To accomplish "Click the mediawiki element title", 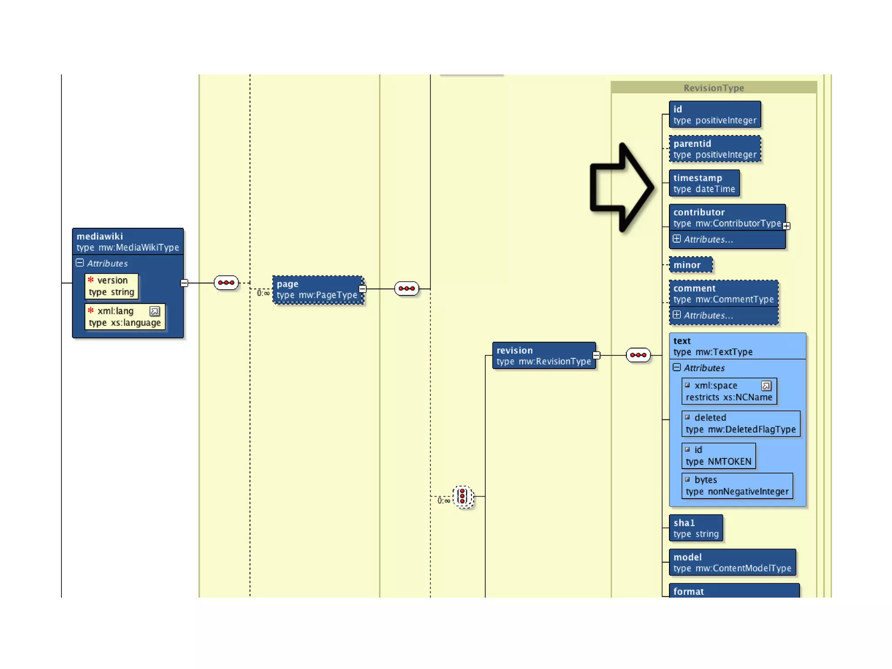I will tap(100, 237).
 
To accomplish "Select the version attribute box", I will tap(111, 286).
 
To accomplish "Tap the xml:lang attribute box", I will tap(125, 317).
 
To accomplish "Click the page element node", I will tap(318, 290).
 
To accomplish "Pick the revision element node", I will tap(544, 356).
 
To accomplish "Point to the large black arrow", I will tap(621, 188).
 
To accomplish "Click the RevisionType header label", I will tap(713, 88).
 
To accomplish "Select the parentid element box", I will tap(715, 149).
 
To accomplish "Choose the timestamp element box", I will tap(704, 183).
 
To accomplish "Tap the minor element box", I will tap(690, 265).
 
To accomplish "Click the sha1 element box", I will tap(696, 528).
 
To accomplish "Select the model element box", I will tap(732, 563).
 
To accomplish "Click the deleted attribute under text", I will tap(740, 423).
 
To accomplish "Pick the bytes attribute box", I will tap(737, 486).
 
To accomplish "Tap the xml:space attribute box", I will tap(729, 391).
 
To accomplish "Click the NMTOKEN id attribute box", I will tap(718, 456).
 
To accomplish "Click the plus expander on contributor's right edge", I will tap(786, 226).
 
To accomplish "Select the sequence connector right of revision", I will tap(638, 355).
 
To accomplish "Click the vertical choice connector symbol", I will tap(463, 497).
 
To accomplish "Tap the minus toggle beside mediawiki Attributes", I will tap(80, 263).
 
